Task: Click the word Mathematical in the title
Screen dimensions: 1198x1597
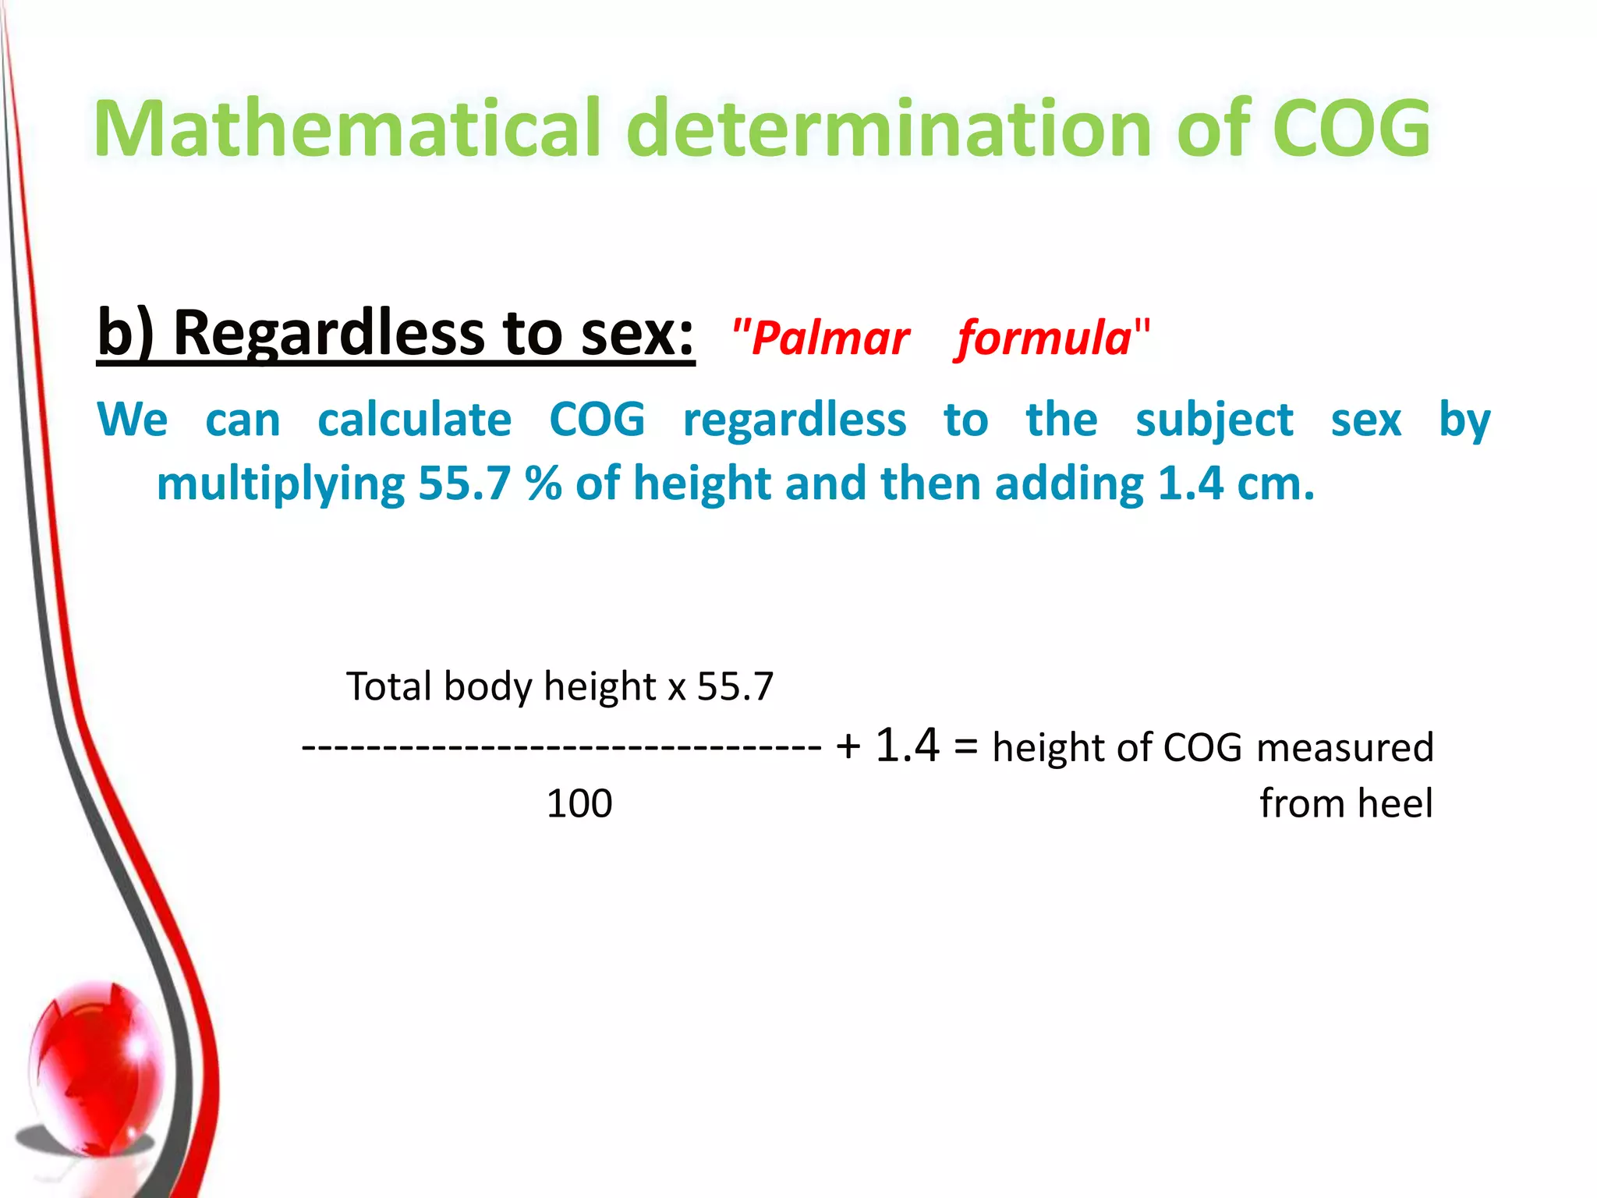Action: pyautogui.click(x=347, y=129)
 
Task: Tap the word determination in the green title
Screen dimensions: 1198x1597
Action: pyautogui.click(x=889, y=129)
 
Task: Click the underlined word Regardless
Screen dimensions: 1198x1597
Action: pyautogui.click(x=328, y=334)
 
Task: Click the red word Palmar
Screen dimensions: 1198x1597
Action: pyautogui.click(x=830, y=338)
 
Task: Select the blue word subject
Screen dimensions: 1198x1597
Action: pyautogui.click(x=1214, y=421)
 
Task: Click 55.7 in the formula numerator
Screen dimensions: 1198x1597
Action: pyautogui.click(x=735, y=687)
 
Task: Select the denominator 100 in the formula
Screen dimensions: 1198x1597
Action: pyautogui.click(x=579, y=803)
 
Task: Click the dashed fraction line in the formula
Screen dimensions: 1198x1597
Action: pyautogui.click(x=561, y=747)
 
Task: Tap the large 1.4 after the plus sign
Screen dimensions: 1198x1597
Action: pyautogui.click(x=907, y=745)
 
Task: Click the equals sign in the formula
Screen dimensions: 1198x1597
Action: pyautogui.click(x=965, y=746)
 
